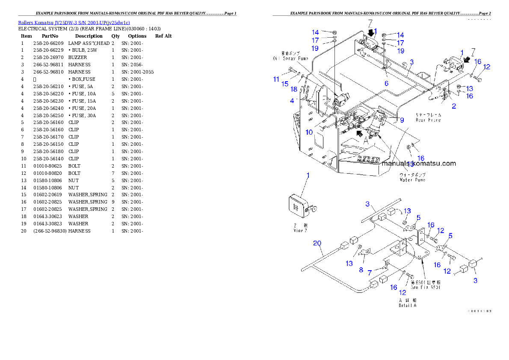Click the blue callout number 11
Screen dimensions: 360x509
click(x=276, y=79)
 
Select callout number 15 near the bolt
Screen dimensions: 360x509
click(x=285, y=84)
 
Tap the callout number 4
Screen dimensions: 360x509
click(x=292, y=101)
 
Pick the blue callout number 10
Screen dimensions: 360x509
click(x=309, y=133)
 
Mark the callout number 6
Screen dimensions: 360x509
click(x=386, y=84)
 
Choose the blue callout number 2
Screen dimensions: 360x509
click(x=454, y=106)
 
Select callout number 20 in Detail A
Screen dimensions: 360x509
click(x=317, y=243)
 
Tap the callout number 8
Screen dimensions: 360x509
click(x=361, y=270)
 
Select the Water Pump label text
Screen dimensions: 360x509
click(x=412, y=177)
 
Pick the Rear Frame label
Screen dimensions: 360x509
click(x=428, y=118)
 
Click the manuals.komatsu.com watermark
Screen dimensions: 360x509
click(x=418, y=163)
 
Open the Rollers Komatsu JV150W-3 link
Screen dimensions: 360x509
click(x=74, y=22)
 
